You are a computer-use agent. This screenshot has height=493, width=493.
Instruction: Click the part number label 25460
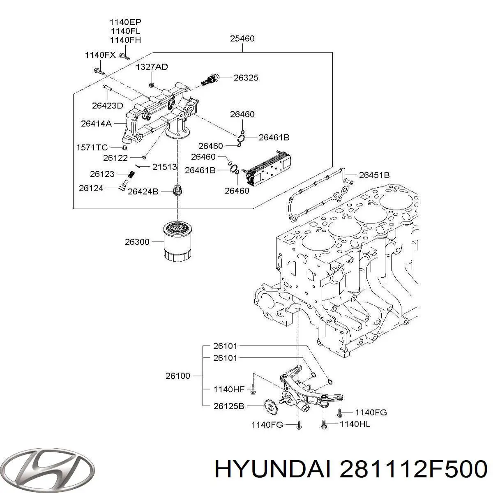[x=242, y=39]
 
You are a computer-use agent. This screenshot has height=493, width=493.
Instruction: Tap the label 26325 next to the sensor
[x=246, y=77]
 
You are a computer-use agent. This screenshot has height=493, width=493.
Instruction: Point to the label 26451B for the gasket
[x=374, y=175]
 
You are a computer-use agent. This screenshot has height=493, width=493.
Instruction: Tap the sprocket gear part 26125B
[x=270, y=408]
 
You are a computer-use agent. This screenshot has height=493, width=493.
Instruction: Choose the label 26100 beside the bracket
[x=178, y=376]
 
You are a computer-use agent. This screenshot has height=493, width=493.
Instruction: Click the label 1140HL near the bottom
[x=355, y=424]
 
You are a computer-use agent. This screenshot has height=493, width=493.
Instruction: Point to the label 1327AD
[x=152, y=67]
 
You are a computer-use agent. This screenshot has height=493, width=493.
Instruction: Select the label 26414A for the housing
[x=96, y=123]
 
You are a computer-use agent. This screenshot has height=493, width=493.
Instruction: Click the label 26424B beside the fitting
[x=143, y=191]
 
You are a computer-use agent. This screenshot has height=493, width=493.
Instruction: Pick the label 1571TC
[x=92, y=147]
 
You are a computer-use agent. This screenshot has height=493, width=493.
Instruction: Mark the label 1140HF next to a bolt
[x=229, y=389]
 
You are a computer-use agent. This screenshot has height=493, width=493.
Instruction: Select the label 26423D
[x=107, y=106]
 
